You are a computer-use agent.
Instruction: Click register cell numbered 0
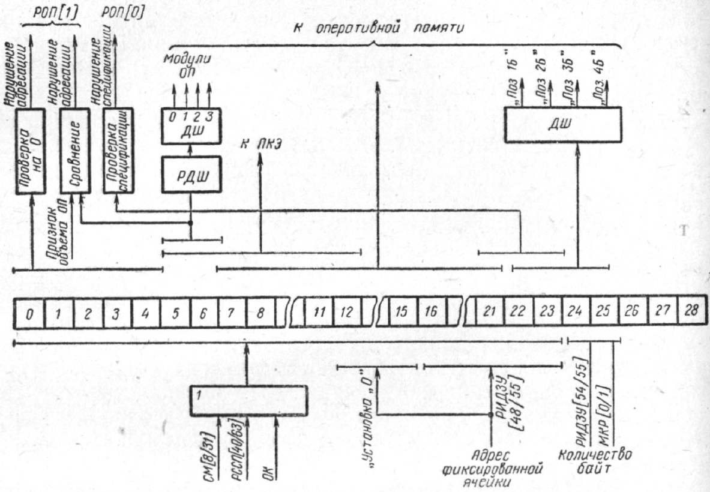(x=28, y=313)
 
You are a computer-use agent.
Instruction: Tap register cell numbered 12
(x=347, y=313)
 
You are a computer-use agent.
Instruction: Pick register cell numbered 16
(x=431, y=313)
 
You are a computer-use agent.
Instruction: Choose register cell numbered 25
(x=604, y=313)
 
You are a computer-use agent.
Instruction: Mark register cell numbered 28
(x=692, y=313)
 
